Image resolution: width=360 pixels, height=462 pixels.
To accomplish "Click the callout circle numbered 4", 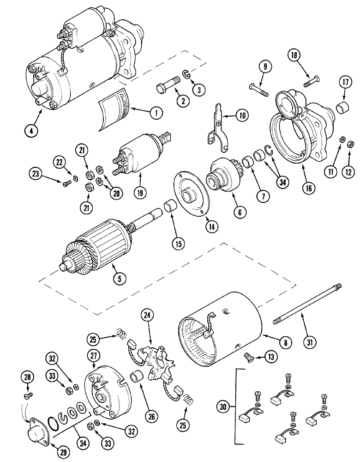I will point(32,131).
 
